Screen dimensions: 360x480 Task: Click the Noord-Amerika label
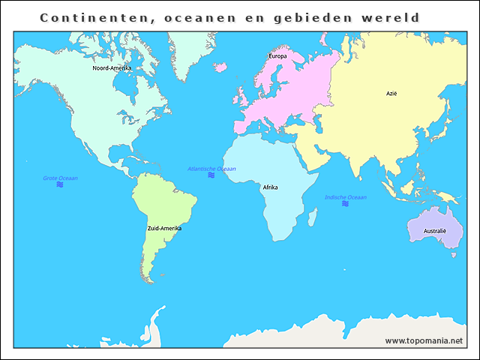click(112, 68)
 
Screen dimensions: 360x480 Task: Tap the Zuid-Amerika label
click(164, 227)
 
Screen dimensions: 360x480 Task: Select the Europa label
click(277, 56)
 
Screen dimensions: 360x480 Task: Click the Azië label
click(391, 94)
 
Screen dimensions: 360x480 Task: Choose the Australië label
click(434, 230)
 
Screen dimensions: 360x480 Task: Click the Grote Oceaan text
click(60, 178)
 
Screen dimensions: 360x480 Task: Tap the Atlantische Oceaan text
click(211, 169)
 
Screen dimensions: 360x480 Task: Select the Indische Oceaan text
click(346, 197)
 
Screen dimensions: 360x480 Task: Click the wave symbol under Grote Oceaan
click(60, 184)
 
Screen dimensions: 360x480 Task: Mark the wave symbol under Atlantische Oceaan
click(211, 175)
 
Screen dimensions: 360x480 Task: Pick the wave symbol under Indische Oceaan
click(346, 204)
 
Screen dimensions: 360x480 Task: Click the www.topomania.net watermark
click(424, 340)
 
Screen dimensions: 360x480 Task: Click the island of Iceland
click(220, 66)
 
